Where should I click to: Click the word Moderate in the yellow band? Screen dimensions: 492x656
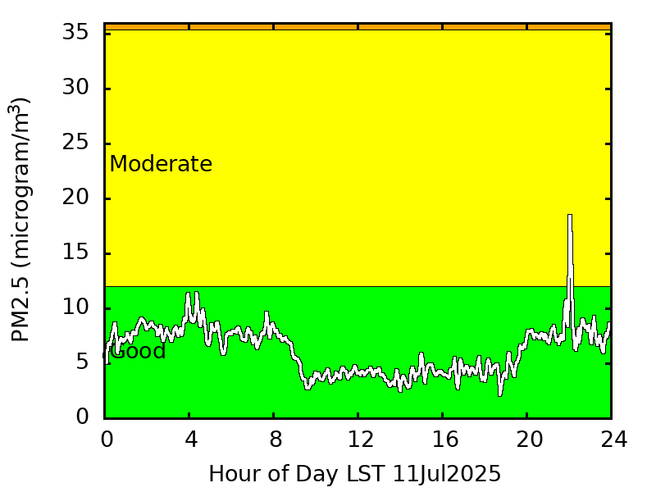pyautogui.click(x=161, y=164)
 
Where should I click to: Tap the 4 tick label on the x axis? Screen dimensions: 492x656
pyautogui.click(x=191, y=440)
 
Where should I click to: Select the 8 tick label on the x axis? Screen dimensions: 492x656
pyautogui.click(x=276, y=440)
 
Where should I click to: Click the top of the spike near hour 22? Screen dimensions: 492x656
pyautogui.click(x=569, y=216)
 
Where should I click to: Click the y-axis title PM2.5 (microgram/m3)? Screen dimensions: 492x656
pyautogui.click(x=20, y=220)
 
